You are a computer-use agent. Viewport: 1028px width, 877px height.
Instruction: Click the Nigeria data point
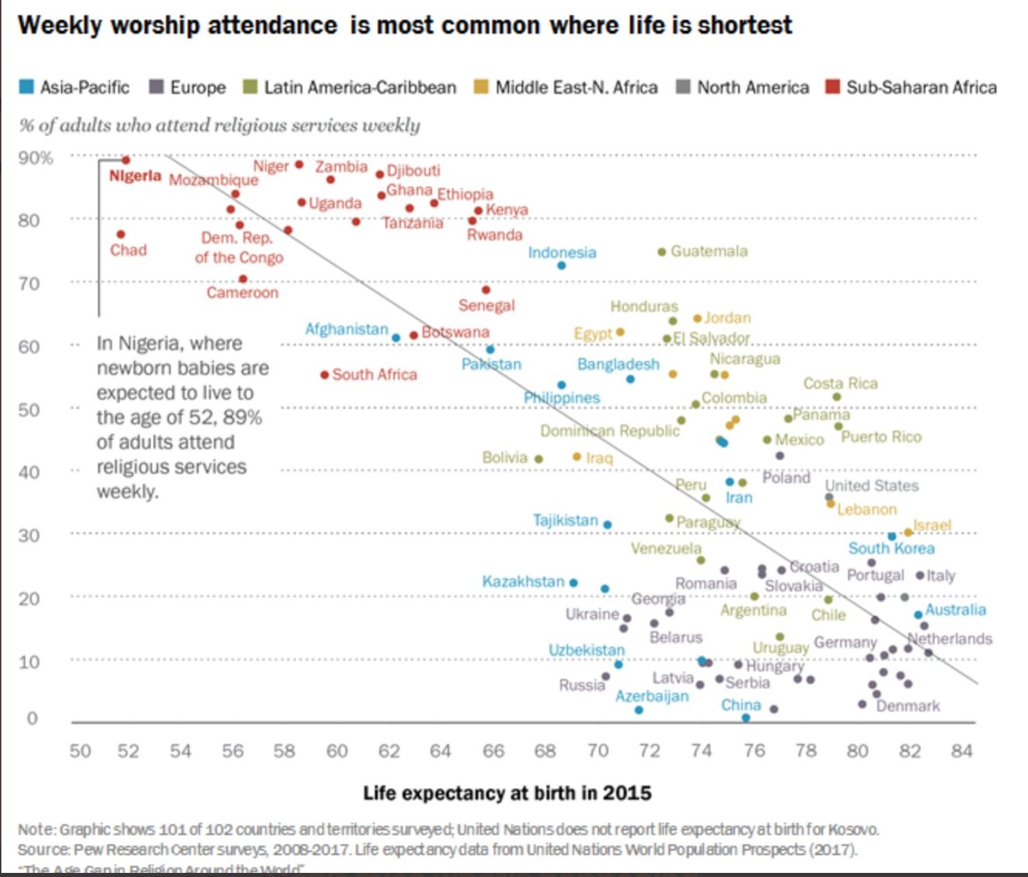pos(125,160)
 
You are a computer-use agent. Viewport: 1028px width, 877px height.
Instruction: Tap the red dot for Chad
pos(121,234)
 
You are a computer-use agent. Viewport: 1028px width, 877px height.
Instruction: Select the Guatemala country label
pos(709,251)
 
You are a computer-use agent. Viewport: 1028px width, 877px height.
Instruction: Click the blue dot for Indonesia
pos(561,265)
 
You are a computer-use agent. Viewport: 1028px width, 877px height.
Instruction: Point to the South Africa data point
pos(324,375)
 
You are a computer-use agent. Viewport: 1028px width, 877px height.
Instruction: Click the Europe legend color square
pos(157,87)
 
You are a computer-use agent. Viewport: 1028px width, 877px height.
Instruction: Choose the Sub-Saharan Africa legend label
pos(921,88)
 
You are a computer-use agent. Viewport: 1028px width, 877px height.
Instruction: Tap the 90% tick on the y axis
pos(36,158)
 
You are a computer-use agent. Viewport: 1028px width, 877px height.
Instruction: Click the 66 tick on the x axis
pos(493,751)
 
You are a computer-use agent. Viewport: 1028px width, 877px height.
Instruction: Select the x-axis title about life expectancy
pos(507,793)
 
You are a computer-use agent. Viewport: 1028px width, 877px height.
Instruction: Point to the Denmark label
pos(907,706)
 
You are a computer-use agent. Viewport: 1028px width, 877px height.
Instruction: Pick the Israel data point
pos(908,532)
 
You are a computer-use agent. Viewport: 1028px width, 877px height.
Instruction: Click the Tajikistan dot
pos(607,525)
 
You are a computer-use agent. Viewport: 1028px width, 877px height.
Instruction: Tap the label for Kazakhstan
pos(523,582)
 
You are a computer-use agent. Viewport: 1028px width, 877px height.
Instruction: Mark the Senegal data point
pos(486,291)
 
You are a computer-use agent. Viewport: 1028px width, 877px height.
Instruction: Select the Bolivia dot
pos(539,459)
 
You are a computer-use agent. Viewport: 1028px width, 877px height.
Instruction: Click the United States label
pos(871,486)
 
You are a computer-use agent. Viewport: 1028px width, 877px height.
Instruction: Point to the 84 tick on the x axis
pos(962,751)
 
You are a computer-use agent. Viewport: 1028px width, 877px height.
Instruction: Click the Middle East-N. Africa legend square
pos(482,87)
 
